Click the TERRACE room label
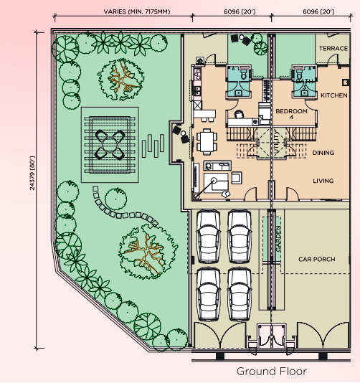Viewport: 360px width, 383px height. (x=333, y=48)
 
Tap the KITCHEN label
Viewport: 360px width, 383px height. (x=334, y=95)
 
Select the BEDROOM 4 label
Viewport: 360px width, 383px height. (x=291, y=114)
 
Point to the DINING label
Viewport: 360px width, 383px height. (x=323, y=153)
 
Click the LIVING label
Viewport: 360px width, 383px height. (x=323, y=181)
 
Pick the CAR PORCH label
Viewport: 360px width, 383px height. (x=316, y=259)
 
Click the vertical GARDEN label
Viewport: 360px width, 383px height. (x=278, y=239)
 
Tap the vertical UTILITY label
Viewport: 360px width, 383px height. (x=277, y=143)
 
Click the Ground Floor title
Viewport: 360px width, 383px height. (x=272, y=372)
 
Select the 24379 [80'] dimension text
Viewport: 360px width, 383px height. (x=32, y=173)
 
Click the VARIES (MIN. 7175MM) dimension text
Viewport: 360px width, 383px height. (x=137, y=11)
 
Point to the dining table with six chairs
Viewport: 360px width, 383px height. (x=207, y=142)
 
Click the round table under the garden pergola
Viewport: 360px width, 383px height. (x=110, y=145)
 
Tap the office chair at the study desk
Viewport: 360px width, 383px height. (x=239, y=114)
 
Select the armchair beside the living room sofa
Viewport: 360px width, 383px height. (x=237, y=178)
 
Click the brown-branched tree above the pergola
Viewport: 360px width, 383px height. (x=121, y=80)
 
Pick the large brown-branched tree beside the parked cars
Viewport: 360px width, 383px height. (x=148, y=252)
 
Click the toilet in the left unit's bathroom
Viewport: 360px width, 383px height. (x=244, y=75)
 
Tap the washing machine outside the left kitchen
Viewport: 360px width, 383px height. (x=200, y=60)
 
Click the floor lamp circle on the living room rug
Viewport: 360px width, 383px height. (x=214, y=181)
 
